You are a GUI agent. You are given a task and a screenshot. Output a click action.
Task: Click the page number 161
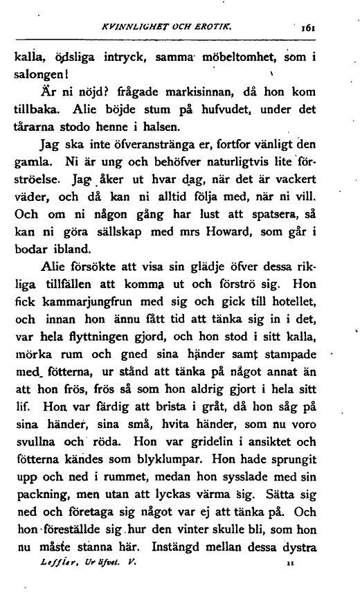[x=308, y=30]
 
